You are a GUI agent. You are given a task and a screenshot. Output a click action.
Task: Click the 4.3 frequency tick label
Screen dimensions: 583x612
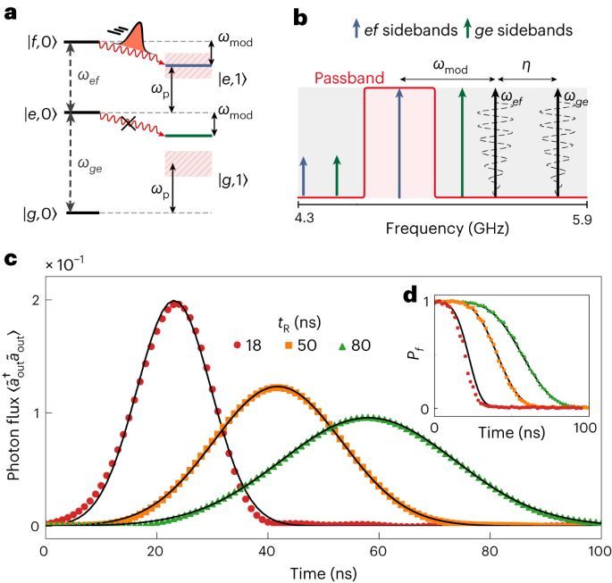[306, 214]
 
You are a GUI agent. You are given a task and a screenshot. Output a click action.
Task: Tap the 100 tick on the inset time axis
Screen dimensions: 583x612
[584, 427]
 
